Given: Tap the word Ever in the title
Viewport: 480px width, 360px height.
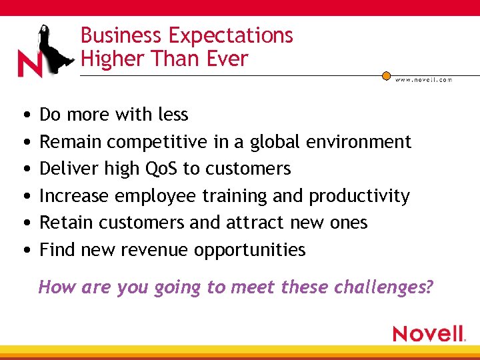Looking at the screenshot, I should [x=227, y=59].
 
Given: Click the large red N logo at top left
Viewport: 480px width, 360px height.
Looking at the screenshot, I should [x=30, y=65].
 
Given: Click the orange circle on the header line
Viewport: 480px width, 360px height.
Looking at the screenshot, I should [x=386, y=76].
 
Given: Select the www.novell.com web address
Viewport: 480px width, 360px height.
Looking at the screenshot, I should [x=423, y=80].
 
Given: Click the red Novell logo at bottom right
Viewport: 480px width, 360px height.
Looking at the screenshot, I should [x=428, y=333].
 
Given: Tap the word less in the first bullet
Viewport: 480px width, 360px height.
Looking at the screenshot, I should [x=173, y=115].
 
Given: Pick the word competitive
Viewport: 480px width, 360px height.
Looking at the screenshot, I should [x=157, y=142].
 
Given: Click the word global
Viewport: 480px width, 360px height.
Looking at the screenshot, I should [x=275, y=142].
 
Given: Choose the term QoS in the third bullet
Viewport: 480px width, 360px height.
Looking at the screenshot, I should [x=161, y=169].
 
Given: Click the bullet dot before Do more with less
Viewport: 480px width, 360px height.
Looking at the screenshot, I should [x=25, y=115].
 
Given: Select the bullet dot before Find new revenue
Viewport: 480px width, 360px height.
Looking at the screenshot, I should [x=25, y=251].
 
